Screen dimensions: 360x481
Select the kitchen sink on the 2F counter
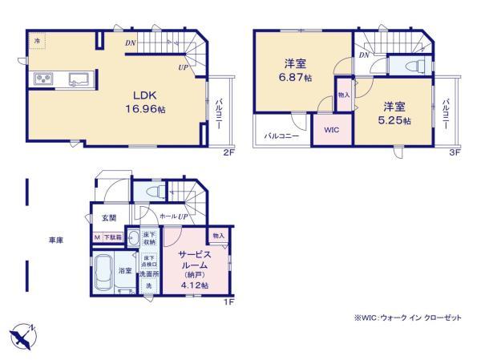79,79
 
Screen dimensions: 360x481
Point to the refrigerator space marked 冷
35,39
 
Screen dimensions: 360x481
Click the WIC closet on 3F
331,130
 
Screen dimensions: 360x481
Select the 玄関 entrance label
108,218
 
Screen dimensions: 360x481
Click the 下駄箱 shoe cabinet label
111,237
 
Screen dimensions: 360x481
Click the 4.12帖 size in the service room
193,285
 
